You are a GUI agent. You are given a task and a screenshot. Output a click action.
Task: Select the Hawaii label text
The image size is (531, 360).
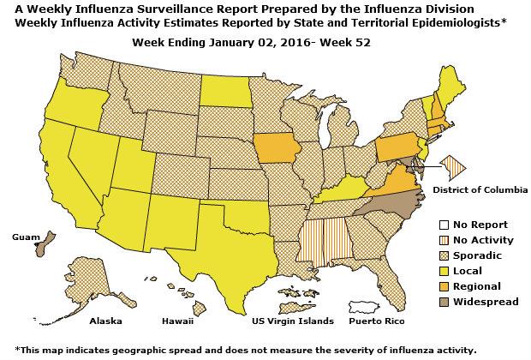tap(178, 321)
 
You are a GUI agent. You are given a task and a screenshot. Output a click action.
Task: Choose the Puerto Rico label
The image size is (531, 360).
tap(374, 321)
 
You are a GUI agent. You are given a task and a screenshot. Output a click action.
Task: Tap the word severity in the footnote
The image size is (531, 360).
tap(376, 350)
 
